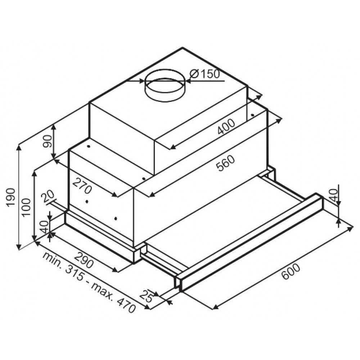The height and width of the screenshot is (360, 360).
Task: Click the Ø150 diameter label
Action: [205, 74]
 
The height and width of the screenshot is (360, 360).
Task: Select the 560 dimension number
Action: [226, 163]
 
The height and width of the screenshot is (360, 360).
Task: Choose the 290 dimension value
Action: [84, 260]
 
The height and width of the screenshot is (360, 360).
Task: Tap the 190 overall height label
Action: [11, 197]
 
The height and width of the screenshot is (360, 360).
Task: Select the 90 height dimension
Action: [48, 141]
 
